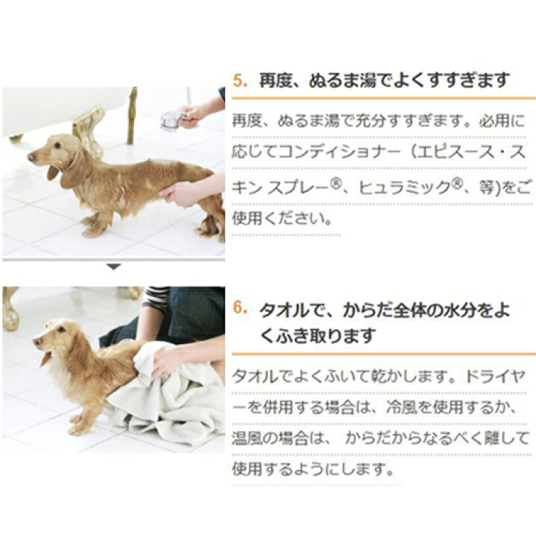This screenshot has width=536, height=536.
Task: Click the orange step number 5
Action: point(239,80)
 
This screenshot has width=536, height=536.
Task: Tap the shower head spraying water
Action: point(172,118)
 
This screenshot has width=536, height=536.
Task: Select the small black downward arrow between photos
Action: point(113,266)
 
